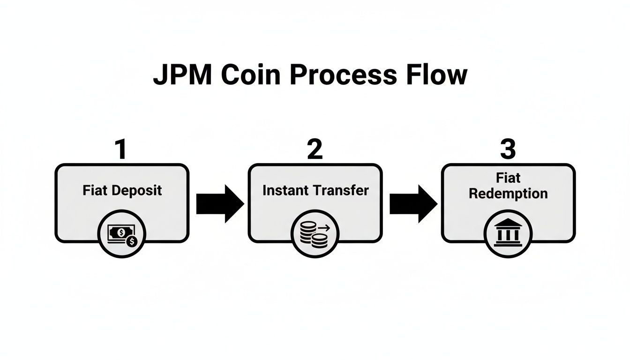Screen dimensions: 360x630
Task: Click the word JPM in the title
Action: (180, 75)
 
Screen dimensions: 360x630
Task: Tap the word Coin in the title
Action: (244, 75)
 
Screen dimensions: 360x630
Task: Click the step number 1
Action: (121, 150)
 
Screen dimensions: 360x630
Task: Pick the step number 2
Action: (315, 150)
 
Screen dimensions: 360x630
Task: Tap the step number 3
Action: (508, 150)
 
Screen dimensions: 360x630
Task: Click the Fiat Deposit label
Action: (122, 190)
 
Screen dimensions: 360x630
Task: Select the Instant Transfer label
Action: (315, 190)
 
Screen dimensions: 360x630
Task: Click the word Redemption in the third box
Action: (508, 194)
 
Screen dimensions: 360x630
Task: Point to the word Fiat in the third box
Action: (508, 178)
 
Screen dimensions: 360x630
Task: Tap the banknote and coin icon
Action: (122, 234)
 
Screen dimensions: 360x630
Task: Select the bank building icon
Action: (508, 233)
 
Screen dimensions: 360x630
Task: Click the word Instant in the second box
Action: (285, 190)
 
